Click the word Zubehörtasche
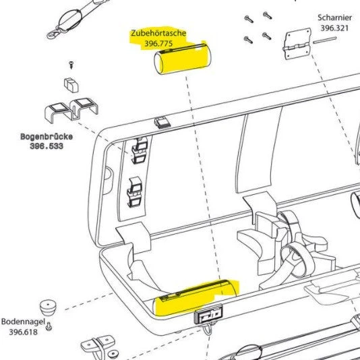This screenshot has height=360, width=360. [x=158, y=33]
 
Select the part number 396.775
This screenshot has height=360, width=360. [x=158, y=43]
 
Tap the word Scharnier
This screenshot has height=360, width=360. [x=335, y=18]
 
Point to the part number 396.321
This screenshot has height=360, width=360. [x=334, y=28]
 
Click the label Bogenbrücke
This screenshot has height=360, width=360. [x=47, y=137]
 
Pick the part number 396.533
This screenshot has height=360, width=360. [x=47, y=146]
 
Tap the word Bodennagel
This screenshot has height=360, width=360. [x=23, y=322]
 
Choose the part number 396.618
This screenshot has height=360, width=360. [x=23, y=332]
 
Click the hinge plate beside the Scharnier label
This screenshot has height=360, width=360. [x=297, y=44]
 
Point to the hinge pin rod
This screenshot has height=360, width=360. [x=325, y=40]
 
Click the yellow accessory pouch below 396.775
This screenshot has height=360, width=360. [x=182, y=59]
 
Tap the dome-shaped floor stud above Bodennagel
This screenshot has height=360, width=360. [x=48, y=307]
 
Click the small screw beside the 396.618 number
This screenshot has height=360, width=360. [x=49, y=326]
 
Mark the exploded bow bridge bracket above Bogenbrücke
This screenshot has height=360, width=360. [x=71, y=110]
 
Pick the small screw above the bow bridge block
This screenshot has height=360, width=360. [x=71, y=65]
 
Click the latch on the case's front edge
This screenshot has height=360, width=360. [x=208, y=314]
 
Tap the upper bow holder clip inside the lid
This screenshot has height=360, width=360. [x=139, y=150]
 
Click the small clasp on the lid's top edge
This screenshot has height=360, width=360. [x=162, y=123]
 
